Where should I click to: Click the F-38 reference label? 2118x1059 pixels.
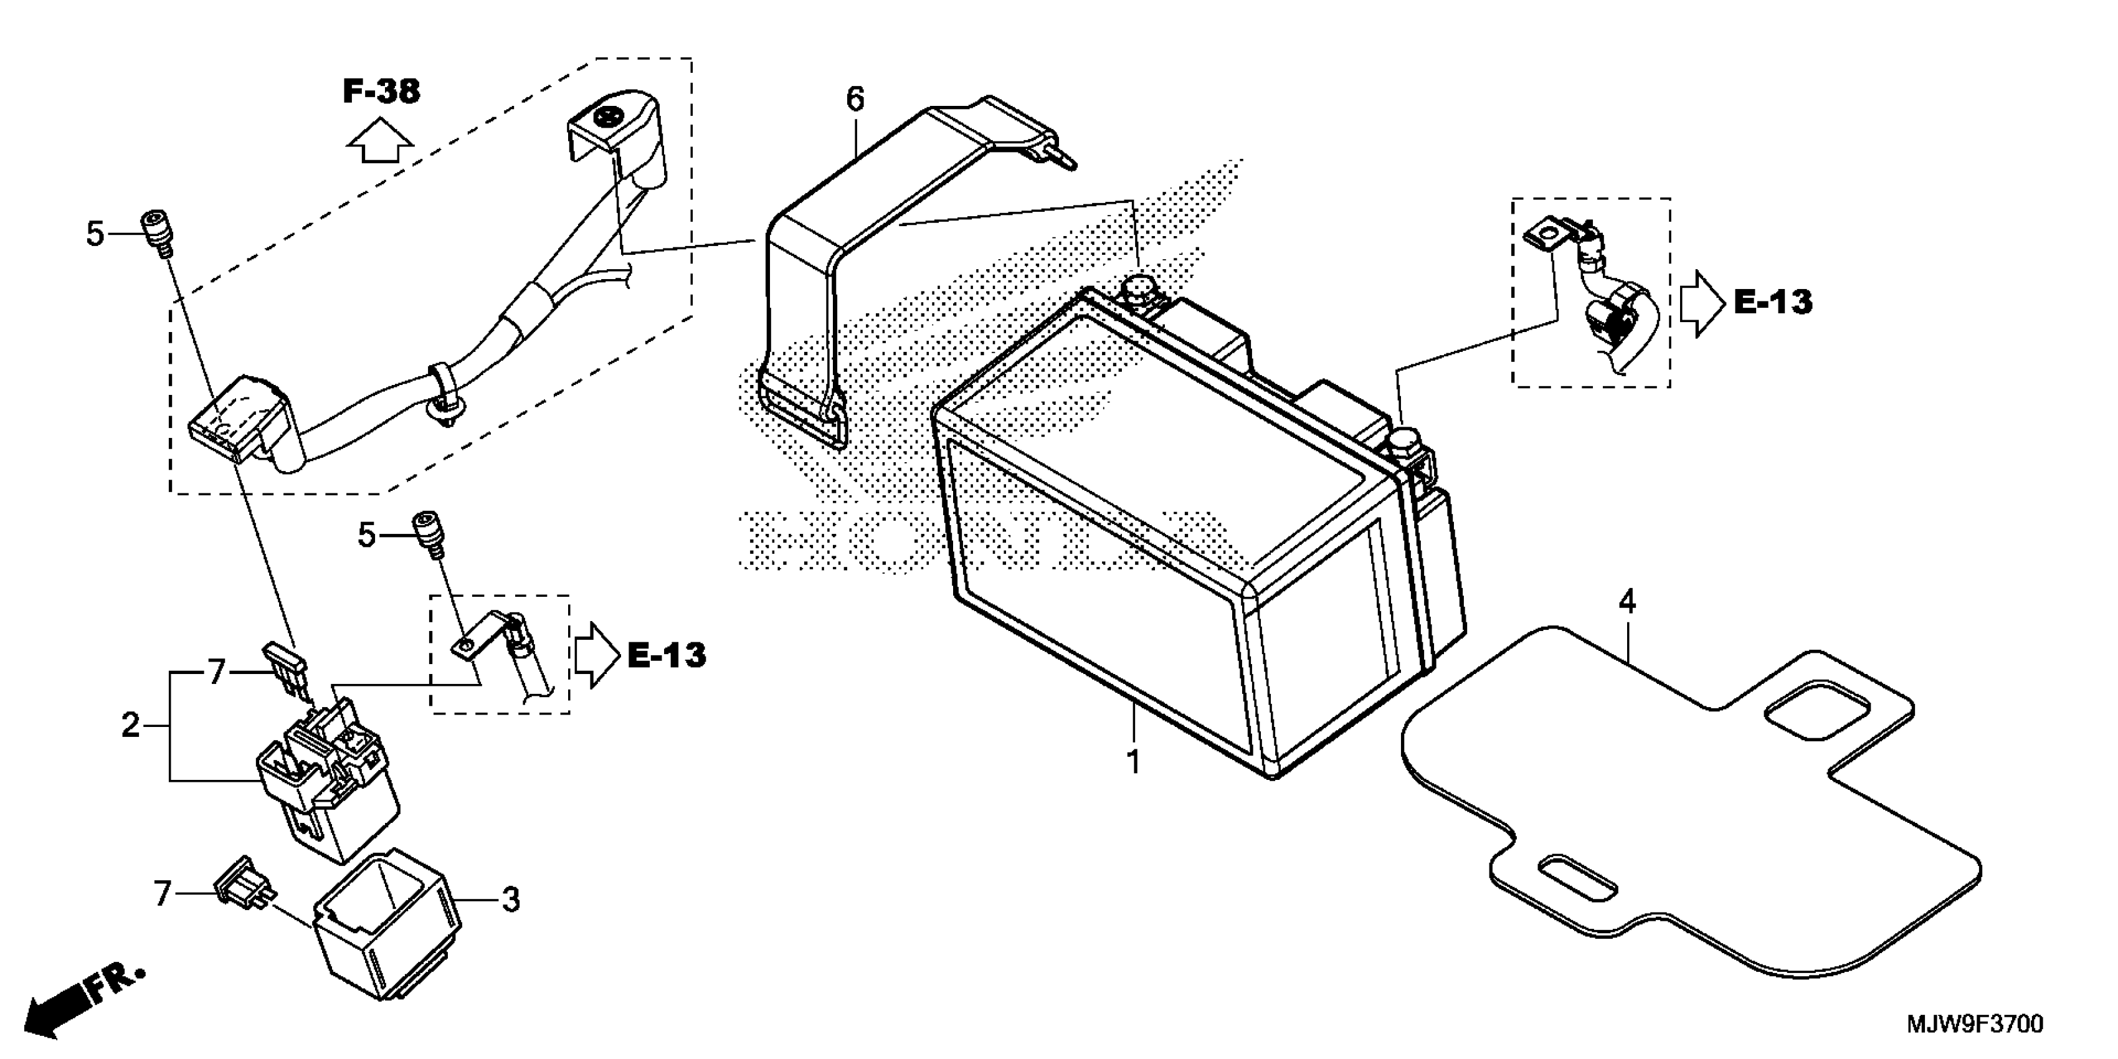click(381, 92)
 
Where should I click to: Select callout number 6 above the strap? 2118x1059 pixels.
click(855, 100)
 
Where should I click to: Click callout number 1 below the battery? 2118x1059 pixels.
click(1133, 762)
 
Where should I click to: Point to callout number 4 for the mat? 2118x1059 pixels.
click(1627, 602)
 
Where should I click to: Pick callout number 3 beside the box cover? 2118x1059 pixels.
click(511, 900)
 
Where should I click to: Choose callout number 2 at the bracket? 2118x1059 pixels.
click(131, 725)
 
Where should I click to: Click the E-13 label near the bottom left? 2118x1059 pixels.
click(666, 655)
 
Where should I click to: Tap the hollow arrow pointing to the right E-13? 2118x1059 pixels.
click(1701, 304)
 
